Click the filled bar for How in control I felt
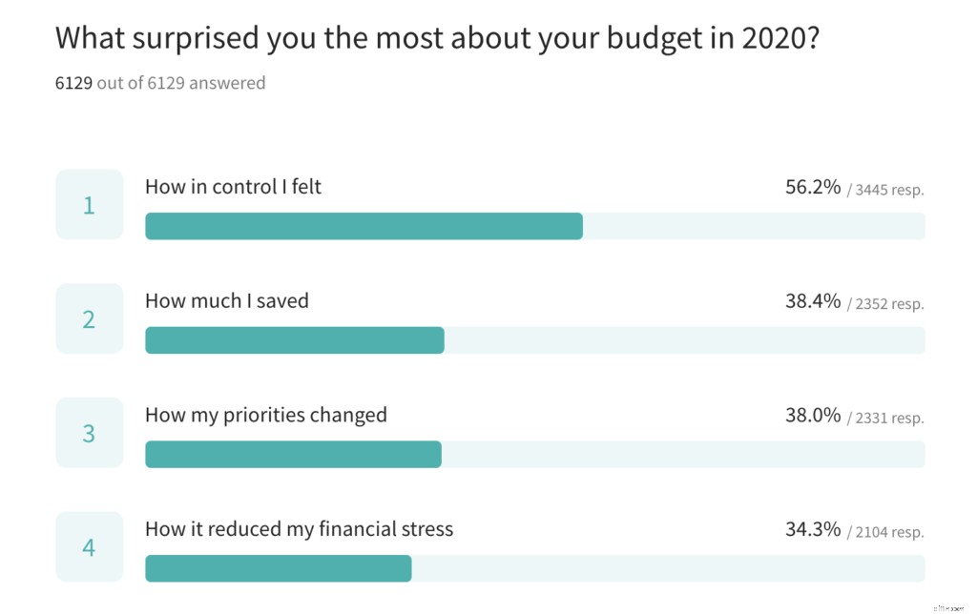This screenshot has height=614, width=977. pos(364,226)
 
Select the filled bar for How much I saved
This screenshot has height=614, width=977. pos(294,340)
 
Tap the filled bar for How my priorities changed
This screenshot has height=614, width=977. pos(293,455)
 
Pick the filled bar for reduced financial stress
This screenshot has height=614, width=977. pos(278,568)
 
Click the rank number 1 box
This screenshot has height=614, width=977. pos(90,205)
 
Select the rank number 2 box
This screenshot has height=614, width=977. pos(90,319)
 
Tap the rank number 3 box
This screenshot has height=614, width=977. pos(90,433)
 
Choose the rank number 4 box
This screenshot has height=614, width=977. pos(90,547)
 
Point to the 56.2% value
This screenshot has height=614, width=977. pos(813,187)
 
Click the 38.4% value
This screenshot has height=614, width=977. pos(813,301)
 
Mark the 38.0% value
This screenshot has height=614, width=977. pos(813,416)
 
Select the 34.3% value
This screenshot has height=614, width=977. pos(813,529)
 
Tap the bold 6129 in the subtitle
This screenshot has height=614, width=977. pos(73,83)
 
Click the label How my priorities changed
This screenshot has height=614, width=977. pos(266,415)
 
